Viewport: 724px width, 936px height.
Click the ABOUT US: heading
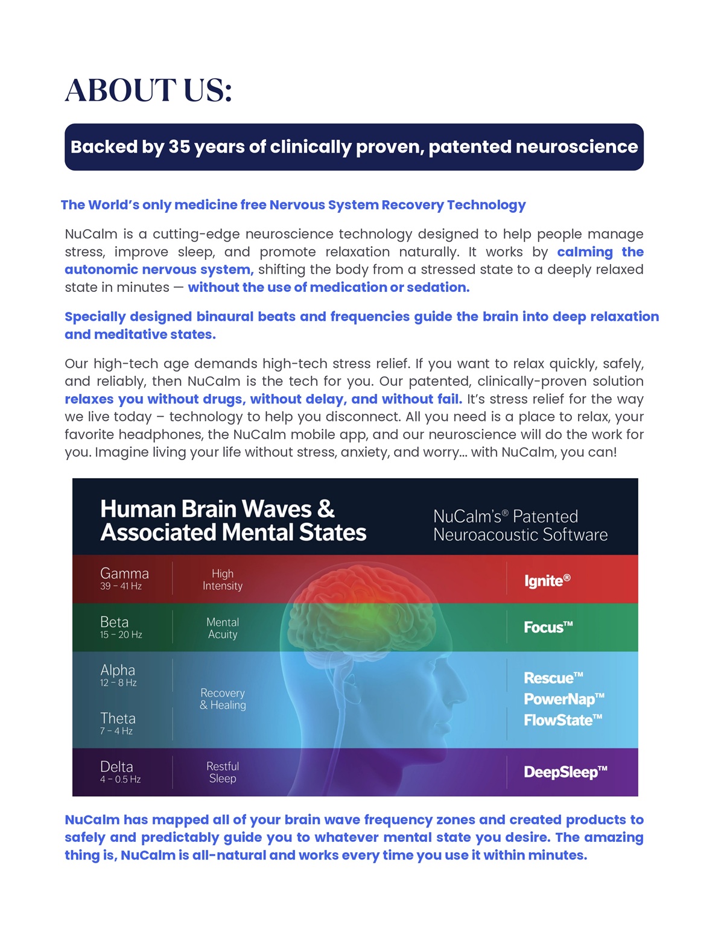148,91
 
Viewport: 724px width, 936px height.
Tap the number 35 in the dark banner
179,147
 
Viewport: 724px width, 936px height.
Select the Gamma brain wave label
124,574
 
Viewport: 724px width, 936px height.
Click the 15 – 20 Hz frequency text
121,634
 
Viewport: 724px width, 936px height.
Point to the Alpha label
118,670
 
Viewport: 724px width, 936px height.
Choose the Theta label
118,718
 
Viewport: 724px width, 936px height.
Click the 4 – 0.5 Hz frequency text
120,779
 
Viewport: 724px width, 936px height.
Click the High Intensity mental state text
223,580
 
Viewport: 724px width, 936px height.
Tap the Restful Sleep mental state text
223,772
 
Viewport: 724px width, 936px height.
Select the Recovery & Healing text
223,699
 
